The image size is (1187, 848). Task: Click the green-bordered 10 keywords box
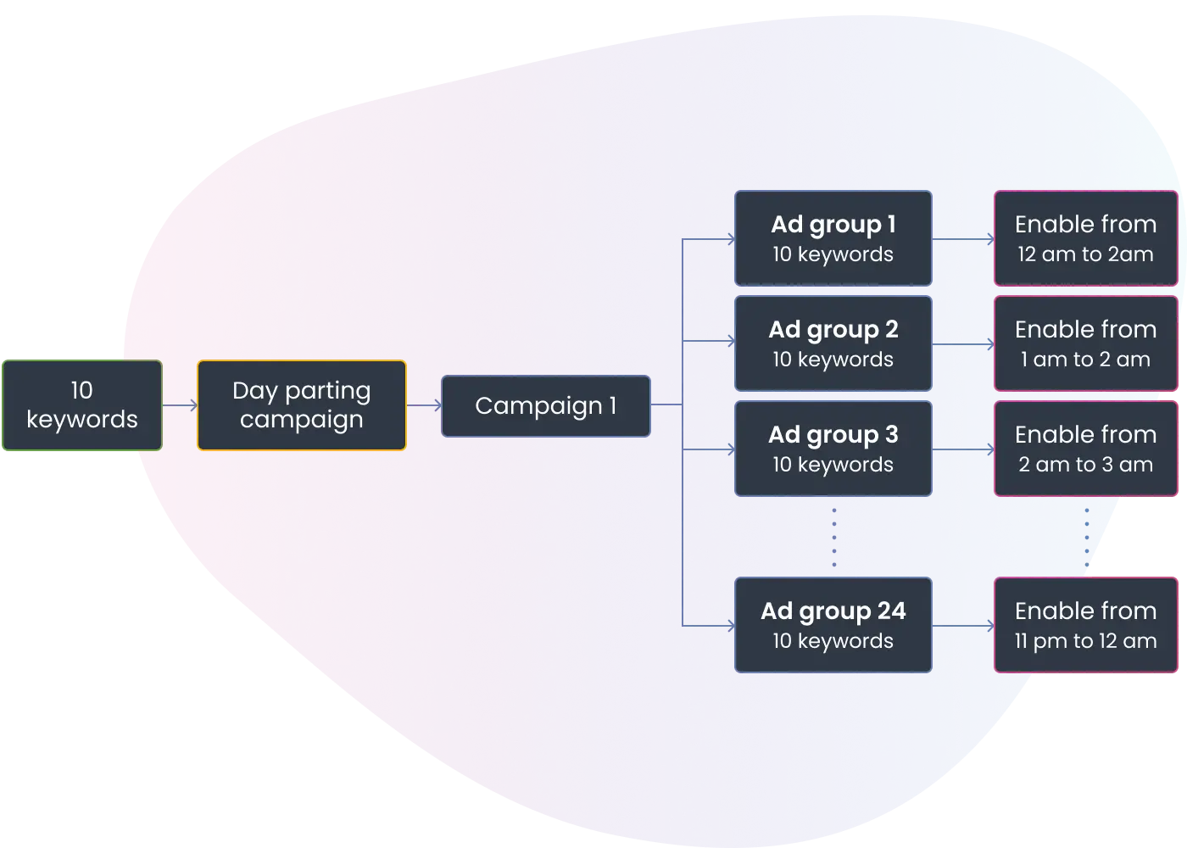coord(82,405)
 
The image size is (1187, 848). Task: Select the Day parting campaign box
coord(302,405)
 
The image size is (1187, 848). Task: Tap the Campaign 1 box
coord(546,406)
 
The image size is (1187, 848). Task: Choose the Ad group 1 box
coord(833,238)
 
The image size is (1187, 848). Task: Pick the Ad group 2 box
coord(833,343)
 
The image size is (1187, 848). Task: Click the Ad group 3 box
coord(833,449)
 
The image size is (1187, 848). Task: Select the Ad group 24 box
coord(833,626)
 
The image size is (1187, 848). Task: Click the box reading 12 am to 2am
coord(1086,238)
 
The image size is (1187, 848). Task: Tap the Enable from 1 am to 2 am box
coord(1086,343)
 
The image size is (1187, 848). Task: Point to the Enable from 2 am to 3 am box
coord(1086,449)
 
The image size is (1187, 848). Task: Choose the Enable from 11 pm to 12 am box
coord(1086,626)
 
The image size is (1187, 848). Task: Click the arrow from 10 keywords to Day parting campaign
coord(180,405)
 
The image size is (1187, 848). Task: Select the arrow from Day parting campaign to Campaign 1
coord(424,405)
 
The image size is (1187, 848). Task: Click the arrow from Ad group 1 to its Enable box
coord(963,239)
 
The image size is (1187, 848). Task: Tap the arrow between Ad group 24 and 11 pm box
coord(963,626)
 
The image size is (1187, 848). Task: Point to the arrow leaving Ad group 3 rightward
coord(963,450)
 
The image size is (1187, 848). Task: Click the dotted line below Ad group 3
coord(834,538)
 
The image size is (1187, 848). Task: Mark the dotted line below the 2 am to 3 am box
coord(1087,538)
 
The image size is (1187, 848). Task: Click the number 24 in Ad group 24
coord(892,611)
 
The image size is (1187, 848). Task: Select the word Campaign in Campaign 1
coord(538,407)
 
